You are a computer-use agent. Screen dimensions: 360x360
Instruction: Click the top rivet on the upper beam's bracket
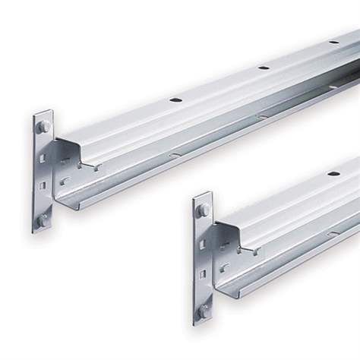click(x=43, y=126)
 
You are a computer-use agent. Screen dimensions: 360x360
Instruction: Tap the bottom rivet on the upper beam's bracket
click(x=43, y=219)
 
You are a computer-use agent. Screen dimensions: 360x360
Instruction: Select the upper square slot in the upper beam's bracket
click(x=43, y=158)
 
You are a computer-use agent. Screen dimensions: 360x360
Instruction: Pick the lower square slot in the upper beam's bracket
click(x=43, y=185)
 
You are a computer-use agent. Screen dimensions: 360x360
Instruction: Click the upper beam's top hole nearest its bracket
click(x=175, y=100)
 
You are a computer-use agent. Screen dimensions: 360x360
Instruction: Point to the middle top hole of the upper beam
click(x=264, y=68)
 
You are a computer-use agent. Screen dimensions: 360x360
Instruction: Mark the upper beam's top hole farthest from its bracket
click(x=333, y=42)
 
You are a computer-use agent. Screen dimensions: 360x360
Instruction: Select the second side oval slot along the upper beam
click(x=262, y=116)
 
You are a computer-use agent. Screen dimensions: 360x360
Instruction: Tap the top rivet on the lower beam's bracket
click(x=204, y=210)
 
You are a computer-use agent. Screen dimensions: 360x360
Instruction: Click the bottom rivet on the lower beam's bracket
click(x=204, y=310)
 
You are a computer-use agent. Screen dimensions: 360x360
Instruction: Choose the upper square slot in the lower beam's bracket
click(x=203, y=244)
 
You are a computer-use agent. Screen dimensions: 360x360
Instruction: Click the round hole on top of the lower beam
click(x=333, y=174)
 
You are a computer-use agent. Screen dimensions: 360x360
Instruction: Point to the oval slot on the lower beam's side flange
click(x=333, y=232)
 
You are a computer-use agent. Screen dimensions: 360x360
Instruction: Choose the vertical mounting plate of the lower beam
click(x=203, y=259)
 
